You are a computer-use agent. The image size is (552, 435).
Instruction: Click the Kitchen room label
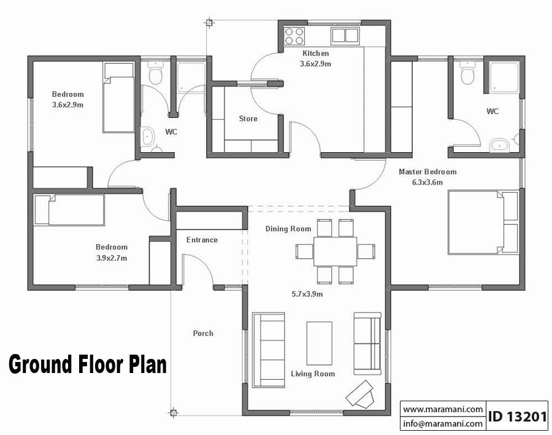[315, 54]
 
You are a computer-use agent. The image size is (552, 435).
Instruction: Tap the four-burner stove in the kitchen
[294, 35]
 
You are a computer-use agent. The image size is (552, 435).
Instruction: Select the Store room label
[248, 118]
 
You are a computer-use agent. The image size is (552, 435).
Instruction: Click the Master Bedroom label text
[427, 172]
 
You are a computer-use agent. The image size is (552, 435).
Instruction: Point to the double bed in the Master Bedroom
[481, 221]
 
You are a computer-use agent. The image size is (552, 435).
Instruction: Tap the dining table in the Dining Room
[335, 251]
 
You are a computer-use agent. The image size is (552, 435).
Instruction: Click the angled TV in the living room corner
[360, 393]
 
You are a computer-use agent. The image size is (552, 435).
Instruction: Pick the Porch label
[203, 333]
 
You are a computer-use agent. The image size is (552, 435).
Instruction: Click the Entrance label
[202, 240]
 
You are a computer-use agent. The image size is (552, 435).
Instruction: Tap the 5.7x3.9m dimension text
[307, 294]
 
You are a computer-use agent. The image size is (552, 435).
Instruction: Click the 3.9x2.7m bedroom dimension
[111, 258]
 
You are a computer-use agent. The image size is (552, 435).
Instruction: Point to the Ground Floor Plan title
[87, 364]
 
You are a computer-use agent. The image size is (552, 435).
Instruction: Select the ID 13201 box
[517, 417]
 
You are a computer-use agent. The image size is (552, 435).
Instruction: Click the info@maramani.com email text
[443, 423]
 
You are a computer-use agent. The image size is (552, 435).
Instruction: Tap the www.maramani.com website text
[443, 409]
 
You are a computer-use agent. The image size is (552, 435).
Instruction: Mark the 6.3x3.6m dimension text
[427, 182]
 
